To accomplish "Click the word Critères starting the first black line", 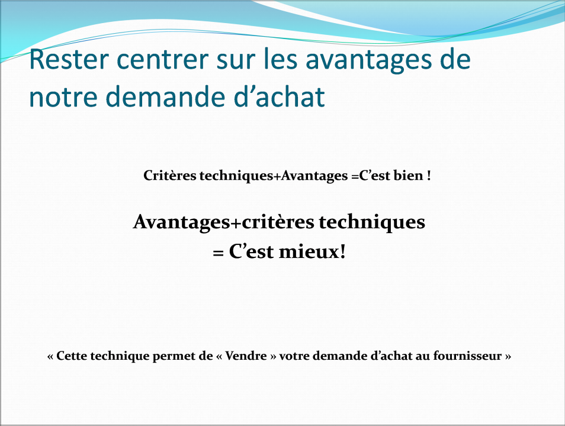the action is point(170,175).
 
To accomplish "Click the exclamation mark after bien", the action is point(429,176).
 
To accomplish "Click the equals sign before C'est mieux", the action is point(218,253).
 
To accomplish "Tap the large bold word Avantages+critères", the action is point(224,222).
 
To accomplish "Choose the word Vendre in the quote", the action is point(246,356).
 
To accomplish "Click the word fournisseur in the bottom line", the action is point(467,356).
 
